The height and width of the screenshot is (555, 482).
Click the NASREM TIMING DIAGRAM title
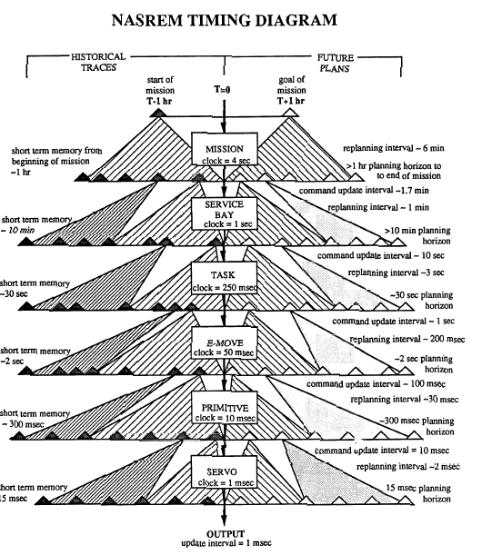[x=224, y=20]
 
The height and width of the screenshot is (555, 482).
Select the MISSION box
[x=225, y=149]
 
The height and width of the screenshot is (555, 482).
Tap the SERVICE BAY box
[x=224, y=213]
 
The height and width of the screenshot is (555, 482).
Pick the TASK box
[x=224, y=278]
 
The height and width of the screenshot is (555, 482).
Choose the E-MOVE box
[x=224, y=342]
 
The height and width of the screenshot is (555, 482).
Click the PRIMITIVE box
[x=224, y=408]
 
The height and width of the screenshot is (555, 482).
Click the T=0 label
[x=222, y=90]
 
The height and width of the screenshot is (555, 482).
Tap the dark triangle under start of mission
[x=158, y=113]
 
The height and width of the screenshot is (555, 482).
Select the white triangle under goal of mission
[x=291, y=113]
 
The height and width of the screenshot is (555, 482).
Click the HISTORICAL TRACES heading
[x=98, y=62]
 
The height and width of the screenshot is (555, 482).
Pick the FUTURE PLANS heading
[x=335, y=63]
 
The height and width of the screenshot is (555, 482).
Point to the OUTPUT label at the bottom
[x=226, y=534]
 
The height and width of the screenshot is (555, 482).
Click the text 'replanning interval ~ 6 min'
[x=394, y=148]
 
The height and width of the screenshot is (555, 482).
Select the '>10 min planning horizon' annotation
[x=417, y=236]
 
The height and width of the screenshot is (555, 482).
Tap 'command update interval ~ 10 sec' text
[x=381, y=255]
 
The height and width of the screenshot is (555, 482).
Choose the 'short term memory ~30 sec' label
[x=35, y=289]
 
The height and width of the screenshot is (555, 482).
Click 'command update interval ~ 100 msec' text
[x=376, y=384]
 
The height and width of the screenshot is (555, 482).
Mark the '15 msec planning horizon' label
[x=418, y=493]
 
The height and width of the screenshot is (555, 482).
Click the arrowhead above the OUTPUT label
[x=224, y=521]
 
